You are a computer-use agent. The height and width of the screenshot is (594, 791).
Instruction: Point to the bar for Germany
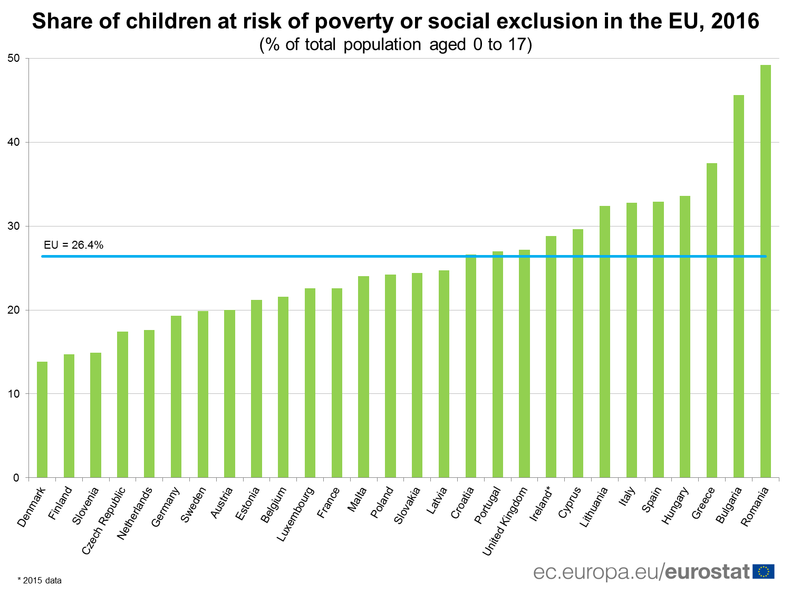pyautogui.click(x=176, y=397)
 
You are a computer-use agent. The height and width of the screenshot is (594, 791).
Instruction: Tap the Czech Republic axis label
pyautogui.click(x=104, y=521)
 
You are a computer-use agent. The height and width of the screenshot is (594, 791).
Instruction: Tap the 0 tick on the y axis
pyautogui.click(x=16, y=478)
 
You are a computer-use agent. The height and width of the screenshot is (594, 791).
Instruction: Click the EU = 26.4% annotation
pyautogui.click(x=73, y=245)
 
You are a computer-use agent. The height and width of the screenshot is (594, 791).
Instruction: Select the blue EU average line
pyautogui.click(x=264, y=257)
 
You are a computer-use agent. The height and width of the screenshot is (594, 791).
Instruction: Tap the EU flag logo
pyautogui.click(x=763, y=572)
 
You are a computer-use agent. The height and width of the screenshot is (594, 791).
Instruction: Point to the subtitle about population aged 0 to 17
pyautogui.click(x=395, y=45)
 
